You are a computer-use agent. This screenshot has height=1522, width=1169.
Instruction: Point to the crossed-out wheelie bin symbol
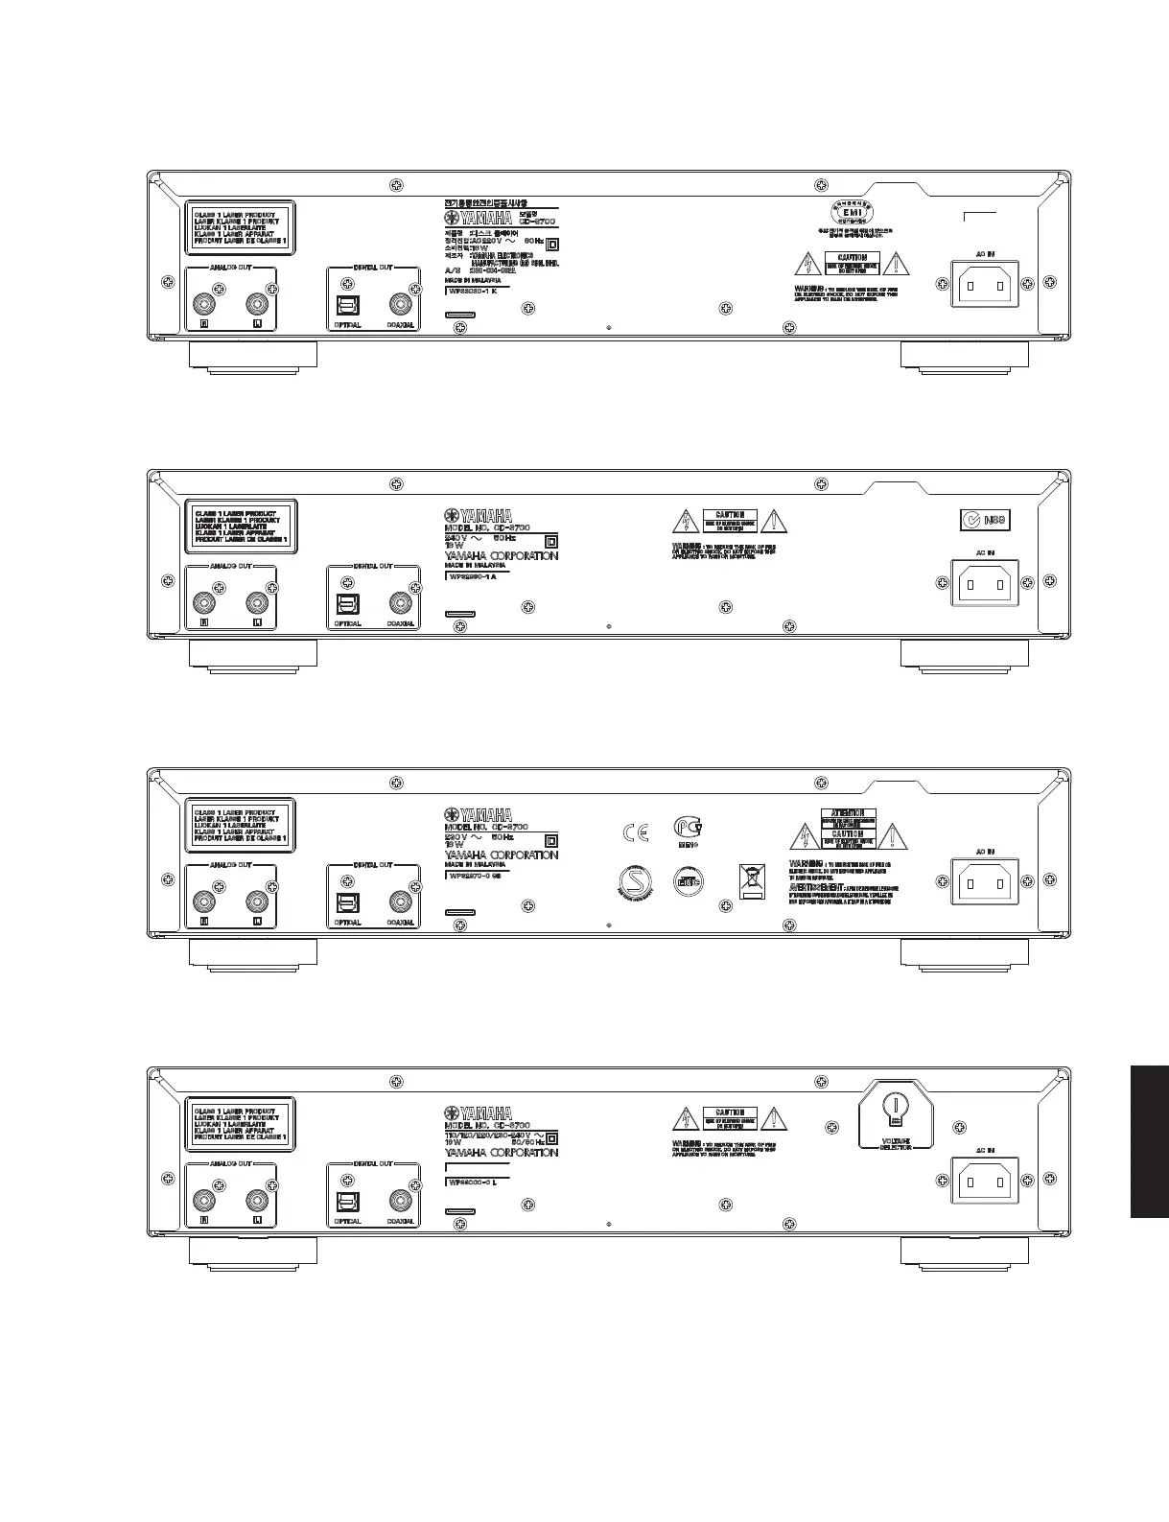coord(752,880)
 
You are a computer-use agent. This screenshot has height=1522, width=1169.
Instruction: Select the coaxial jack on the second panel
coord(400,603)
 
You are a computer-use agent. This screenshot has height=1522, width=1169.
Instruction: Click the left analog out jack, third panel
coord(203,901)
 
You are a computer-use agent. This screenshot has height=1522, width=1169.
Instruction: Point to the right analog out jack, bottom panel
coord(256,1200)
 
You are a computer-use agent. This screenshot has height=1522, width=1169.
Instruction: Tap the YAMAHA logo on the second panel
coord(478,515)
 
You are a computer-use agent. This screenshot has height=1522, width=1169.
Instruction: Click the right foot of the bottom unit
coord(965,1251)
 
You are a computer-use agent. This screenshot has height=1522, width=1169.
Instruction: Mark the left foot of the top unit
coord(253,355)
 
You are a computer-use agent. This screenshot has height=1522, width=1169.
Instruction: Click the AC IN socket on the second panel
coord(985,581)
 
